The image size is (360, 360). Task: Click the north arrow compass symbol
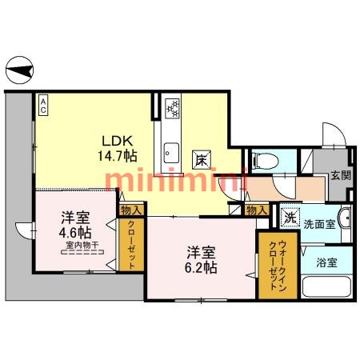click(x=19, y=70)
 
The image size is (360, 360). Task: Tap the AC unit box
click(x=43, y=106)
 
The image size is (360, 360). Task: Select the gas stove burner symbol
click(x=172, y=109)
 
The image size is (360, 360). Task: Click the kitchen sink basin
click(x=171, y=153)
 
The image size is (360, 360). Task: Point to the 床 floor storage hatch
click(x=202, y=160)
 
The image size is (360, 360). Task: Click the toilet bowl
click(x=265, y=161)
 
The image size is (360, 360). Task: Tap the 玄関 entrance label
click(x=341, y=175)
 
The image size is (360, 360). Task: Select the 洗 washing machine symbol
click(x=290, y=218)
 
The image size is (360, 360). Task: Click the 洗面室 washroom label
click(x=319, y=224)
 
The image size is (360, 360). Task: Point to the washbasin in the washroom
click(x=345, y=218)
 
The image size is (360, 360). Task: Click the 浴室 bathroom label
click(x=326, y=262)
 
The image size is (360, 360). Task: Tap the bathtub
click(x=327, y=286)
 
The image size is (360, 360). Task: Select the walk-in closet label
click(x=278, y=266)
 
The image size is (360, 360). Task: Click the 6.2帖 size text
click(x=201, y=268)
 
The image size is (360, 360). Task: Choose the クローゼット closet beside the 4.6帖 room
click(x=131, y=245)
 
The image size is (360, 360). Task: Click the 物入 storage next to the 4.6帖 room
click(x=130, y=210)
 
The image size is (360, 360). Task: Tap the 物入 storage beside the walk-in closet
click(x=257, y=210)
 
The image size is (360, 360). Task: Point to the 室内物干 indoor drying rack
click(x=82, y=248)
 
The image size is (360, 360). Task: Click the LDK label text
click(x=118, y=141)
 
